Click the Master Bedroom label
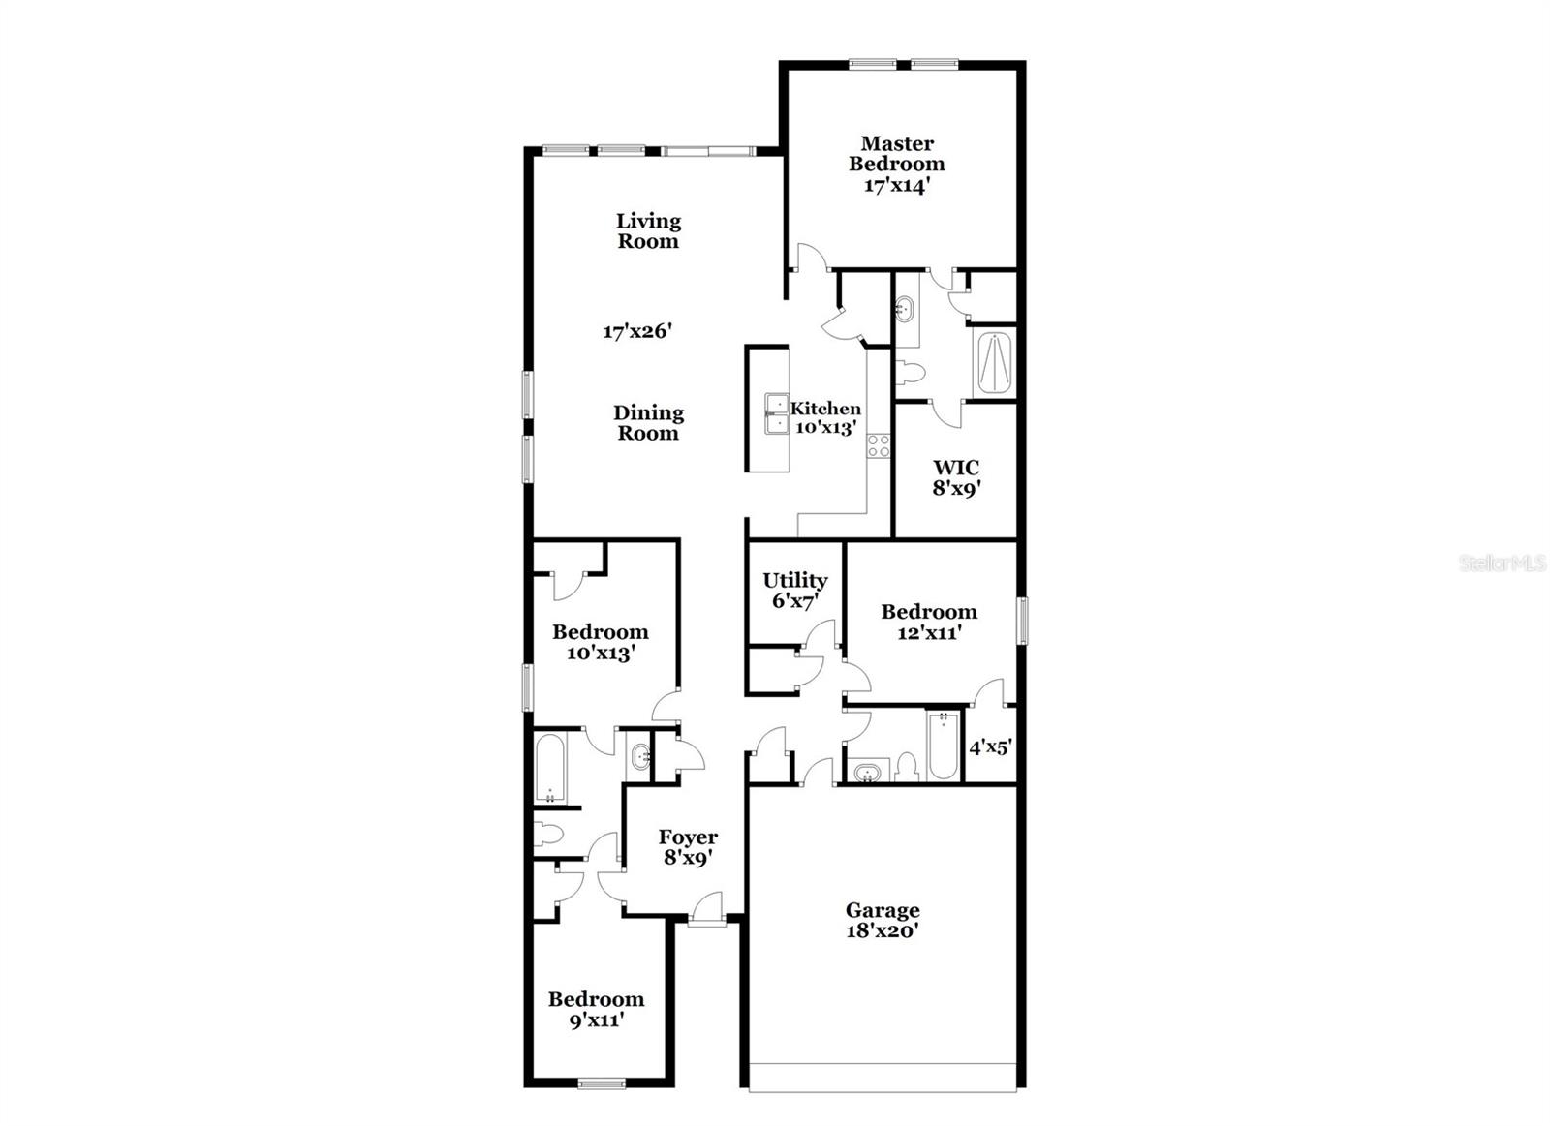tap(897, 164)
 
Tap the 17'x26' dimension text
tap(637, 331)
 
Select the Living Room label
tap(648, 231)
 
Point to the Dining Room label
tap(648, 423)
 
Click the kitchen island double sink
tap(776, 413)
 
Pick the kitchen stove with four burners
tap(879, 445)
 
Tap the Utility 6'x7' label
tap(794, 590)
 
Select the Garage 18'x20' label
tap(882, 921)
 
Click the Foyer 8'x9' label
tap(688, 847)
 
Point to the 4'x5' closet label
tap(991, 747)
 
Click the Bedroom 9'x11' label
tap(596, 1010)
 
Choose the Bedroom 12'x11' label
tap(928, 622)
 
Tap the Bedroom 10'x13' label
tap(600, 642)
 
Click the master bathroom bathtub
tap(995, 364)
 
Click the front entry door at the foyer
tap(706, 914)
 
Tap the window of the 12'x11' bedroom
tap(1022, 621)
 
